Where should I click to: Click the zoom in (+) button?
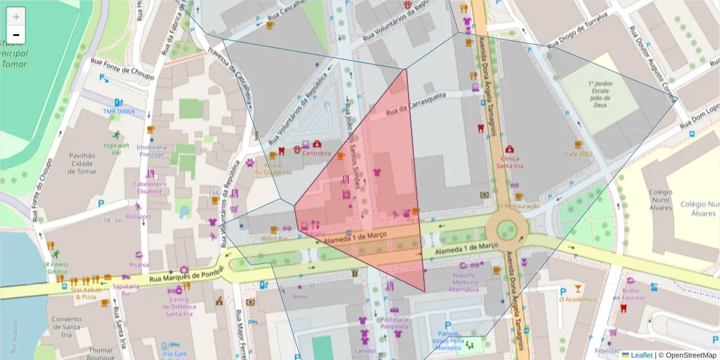click(x=16, y=17)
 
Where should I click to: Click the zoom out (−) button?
click(x=16, y=35)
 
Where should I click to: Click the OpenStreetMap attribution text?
click(x=690, y=355)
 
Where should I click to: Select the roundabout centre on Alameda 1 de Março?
click(x=507, y=229)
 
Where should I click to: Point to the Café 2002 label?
click(x=578, y=154)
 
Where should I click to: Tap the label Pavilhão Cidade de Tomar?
click(x=82, y=163)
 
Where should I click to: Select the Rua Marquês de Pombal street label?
click(x=181, y=275)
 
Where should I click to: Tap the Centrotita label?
click(x=316, y=154)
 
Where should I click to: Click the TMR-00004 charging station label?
click(x=118, y=112)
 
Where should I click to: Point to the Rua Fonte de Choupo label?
click(x=122, y=69)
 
